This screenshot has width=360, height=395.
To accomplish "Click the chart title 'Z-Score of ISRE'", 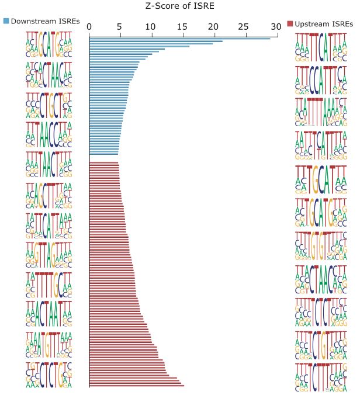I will click(179, 6).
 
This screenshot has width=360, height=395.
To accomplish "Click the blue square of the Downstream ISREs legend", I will click(6, 21).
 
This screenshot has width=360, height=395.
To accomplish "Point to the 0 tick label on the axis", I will click(89, 27).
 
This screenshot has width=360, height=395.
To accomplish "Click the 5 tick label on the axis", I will click(120, 27).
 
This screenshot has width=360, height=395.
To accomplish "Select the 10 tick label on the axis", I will click(151, 27).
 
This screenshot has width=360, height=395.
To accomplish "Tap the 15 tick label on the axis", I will click(182, 27).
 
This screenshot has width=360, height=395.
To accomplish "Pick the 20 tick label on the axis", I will click(213, 27).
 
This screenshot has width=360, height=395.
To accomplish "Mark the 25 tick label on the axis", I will click(244, 27).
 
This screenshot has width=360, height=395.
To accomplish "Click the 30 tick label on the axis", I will click(275, 27).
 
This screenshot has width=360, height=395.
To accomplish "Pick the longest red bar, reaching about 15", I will click(136, 386).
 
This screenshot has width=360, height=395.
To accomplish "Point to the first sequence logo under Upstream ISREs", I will click(319, 48).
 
